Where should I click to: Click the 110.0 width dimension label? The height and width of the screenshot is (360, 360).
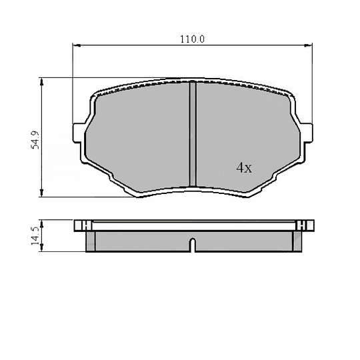click(x=192, y=39)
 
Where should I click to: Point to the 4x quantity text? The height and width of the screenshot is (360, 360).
click(x=244, y=169)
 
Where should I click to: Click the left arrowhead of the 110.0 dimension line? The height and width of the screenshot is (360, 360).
click(x=75, y=46)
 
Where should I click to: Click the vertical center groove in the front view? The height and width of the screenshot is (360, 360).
click(x=192, y=133)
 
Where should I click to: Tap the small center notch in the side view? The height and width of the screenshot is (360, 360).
click(x=192, y=245)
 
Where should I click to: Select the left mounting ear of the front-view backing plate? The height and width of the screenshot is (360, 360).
click(x=78, y=132)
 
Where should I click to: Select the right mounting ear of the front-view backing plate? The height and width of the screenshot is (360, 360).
click(x=306, y=132)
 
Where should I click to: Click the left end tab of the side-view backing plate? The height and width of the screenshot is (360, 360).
click(x=80, y=225)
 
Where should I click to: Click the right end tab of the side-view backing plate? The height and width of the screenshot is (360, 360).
click(x=305, y=225)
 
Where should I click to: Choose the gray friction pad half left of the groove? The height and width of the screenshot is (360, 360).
click(x=140, y=137)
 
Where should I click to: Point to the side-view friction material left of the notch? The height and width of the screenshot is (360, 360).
click(x=140, y=241)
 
